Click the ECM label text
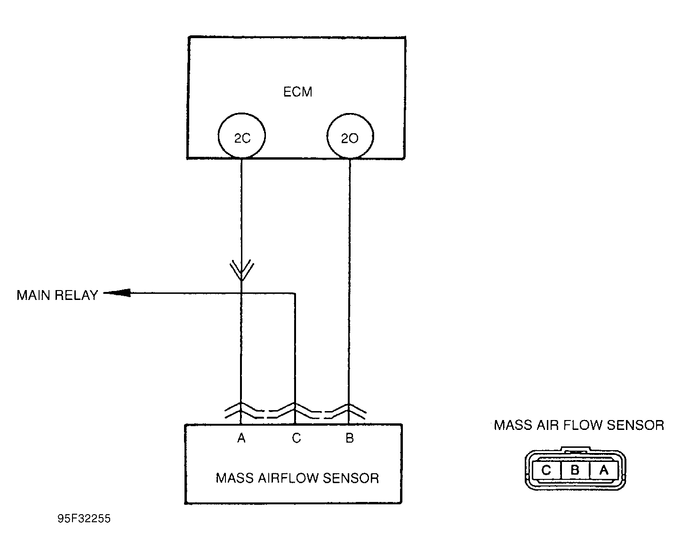(297, 92)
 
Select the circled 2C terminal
(242, 136)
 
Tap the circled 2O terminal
(350, 136)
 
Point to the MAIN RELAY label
(57, 295)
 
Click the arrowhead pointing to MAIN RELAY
(117, 293)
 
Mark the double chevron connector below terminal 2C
(242, 270)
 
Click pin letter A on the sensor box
(241, 438)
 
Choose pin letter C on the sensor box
(296, 438)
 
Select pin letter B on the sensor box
(350, 438)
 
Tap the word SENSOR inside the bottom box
(351, 478)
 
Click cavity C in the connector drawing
(546, 470)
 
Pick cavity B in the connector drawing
(575, 470)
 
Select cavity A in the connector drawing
(603, 470)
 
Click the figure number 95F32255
(84, 518)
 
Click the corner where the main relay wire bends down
(295, 293)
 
